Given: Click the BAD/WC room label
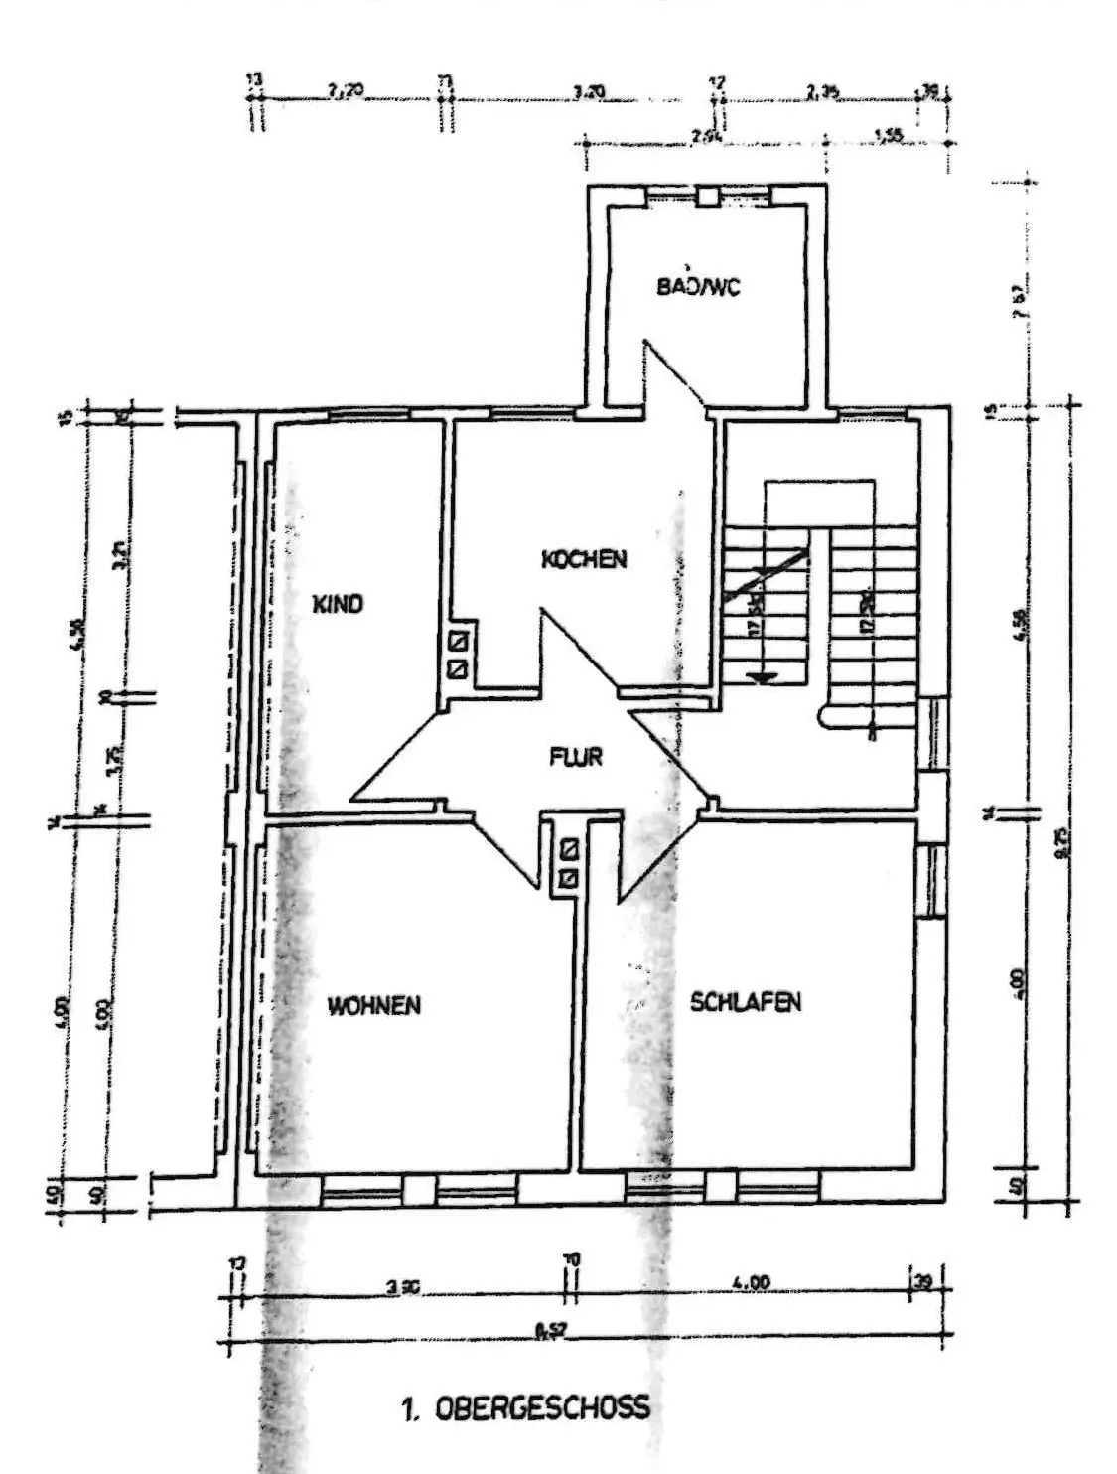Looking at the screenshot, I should pyautogui.click(x=698, y=288).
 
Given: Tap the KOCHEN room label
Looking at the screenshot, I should pyautogui.click(x=584, y=559).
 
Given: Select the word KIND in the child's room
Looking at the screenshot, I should pyautogui.click(x=338, y=604).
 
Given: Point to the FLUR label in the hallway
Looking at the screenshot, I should pyautogui.click(x=576, y=757).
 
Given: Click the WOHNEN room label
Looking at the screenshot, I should pyautogui.click(x=374, y=1005).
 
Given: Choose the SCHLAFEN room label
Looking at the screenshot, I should pyautogui.click(x=746, y=1002).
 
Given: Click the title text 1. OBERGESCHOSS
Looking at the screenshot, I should pyautogui.click(x=527, y=1407).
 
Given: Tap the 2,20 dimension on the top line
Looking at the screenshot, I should pyautogui.click(x=345, y=91).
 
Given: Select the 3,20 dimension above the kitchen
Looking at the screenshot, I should pyautogui.click(x=590, y=92).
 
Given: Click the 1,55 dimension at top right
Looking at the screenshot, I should pyautogui.click(x=889, y=136).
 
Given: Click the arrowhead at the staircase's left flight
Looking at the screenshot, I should pyautogui.click(x=761, y=677).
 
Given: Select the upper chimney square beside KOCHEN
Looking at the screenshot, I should pyautogui.click(x=458, y=641).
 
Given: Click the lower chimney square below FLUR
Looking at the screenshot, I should pyautogui.click(x=570, y=877).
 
